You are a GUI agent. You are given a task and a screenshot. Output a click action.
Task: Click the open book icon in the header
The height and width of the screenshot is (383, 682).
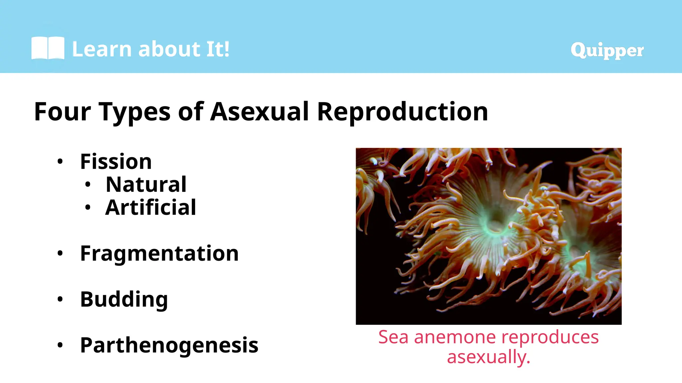click(x=48, y=48)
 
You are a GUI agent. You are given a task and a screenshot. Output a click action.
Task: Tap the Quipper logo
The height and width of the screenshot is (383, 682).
click(x=607, y=50)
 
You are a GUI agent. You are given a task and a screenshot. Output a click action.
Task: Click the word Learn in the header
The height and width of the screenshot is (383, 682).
click(x=102, y=49)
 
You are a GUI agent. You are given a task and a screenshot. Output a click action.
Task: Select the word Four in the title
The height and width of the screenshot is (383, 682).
click(x=62, y=111)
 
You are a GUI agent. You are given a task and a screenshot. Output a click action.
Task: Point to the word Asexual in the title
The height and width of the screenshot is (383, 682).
click(x=259, y=111)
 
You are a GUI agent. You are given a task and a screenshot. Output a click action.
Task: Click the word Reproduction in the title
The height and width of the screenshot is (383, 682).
click(x=402, y=112)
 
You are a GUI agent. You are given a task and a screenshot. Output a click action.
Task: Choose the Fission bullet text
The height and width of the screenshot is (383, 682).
click(x=116, y=162)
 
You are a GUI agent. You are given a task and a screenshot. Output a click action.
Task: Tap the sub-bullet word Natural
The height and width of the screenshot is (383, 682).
click(x=146, y=185)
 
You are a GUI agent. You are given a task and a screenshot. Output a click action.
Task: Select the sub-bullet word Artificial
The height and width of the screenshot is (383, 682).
click(x=151, y=207)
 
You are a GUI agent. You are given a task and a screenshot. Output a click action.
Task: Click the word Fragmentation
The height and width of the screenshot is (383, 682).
click(x=159, y=253)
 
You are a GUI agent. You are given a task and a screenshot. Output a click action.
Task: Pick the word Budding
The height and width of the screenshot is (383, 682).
click(x=124, y=300)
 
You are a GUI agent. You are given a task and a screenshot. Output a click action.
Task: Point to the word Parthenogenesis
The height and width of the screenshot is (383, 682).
click(x=169, y=345)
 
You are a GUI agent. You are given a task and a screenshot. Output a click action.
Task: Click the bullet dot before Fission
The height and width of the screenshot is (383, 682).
click(x=60, y=162)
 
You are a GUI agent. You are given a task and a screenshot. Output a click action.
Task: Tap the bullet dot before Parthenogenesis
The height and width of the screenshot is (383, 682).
click(x=60, y=345)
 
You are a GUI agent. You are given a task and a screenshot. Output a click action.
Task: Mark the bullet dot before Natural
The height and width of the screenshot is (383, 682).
click(x=88, y=185)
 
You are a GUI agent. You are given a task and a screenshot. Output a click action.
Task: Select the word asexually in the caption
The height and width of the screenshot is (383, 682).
click(x=488, y=357)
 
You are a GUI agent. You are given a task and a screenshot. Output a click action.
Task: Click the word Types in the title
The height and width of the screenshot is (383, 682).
click(x=135, y=112)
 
